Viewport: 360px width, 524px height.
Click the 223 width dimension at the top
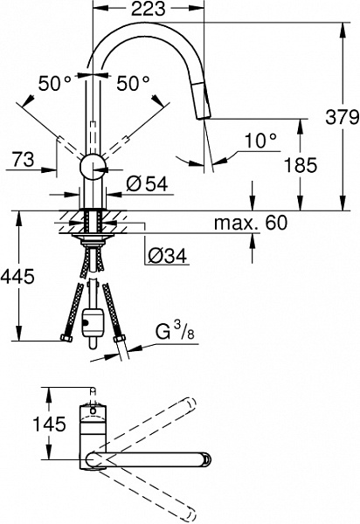[x=148, y=9]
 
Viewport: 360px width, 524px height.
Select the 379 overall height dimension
[x=343, y=117]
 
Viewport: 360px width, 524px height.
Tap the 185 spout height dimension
[x=301, y=165]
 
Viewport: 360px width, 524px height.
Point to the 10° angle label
[x=260, y=141]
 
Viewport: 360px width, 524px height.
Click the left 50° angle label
[x=55, y=83]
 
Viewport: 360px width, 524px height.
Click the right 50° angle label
[x=133, y=83]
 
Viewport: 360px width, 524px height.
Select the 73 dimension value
[x=23, y=160]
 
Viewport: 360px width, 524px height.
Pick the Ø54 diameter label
[x=147, y=183]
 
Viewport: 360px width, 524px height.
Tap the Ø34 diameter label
[x=167, y=256]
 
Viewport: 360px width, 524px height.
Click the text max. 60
[x=251, y=223]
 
